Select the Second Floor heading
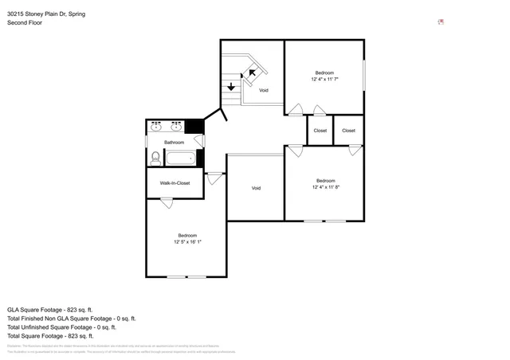(25, 23)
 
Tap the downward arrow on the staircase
(231, 86)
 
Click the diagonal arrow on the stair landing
(253, 74)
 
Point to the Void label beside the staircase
(263, 90)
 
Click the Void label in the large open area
(256, 188)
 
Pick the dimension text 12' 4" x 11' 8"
(325, 187)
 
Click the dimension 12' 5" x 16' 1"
(187, 241)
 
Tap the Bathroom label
(174, 143)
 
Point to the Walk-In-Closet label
(175, 183)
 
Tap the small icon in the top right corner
(441, 22)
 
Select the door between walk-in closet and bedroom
(167, 202)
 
